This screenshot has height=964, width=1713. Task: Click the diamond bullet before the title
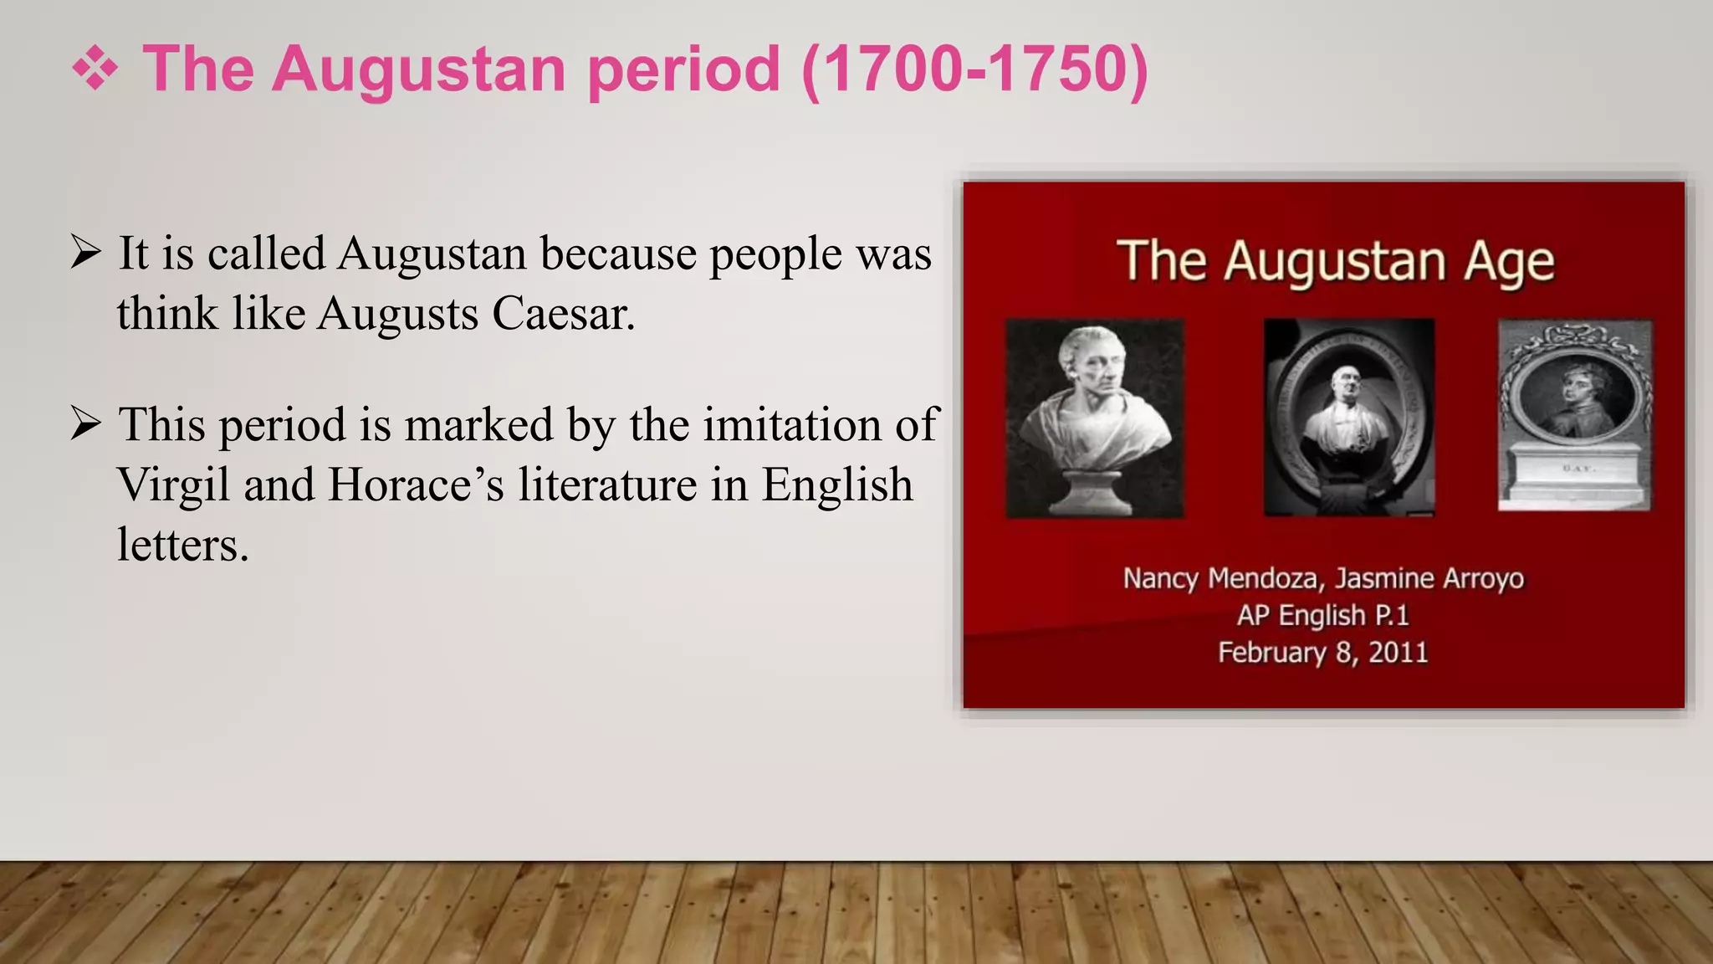(x=95, y=69)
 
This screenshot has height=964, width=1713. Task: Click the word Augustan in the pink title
(x=418, y=69)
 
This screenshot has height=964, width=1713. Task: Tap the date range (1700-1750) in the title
(x=974, y=69)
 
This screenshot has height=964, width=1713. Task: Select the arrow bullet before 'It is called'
(x=86, y=253)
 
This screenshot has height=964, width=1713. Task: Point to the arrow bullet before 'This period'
(x=86, y=424)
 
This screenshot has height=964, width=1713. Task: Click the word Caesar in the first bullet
(x=563, y=314)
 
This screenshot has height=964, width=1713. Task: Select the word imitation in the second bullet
(x=791, y=424)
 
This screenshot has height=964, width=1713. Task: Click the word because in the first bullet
(x=618, y=253)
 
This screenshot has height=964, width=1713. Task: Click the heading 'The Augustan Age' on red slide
(x=1336, y=261)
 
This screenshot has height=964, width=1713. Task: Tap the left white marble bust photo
(x=1095, y=418)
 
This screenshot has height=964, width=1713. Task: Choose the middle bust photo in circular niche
(x=1348, y=417)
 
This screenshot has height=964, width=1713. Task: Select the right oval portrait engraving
(x=1574, y=415)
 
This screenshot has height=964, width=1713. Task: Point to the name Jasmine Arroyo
(x=1429, y=578)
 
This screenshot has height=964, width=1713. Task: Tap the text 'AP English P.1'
(x=1323, y=616)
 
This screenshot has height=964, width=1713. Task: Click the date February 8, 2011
(x=1323, y=653)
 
